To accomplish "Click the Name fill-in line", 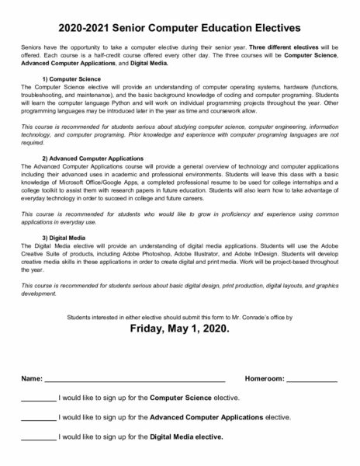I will (x=134, y=378).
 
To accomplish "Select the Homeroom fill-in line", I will (x=311, y=378).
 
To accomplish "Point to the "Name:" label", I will (x=31, y=377).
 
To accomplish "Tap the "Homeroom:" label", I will (x=264, y=377).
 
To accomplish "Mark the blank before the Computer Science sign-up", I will (x=38, y=398).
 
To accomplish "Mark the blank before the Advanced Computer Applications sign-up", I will (x=38, y=417).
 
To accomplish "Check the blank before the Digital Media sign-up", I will (x=38, y=436).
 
